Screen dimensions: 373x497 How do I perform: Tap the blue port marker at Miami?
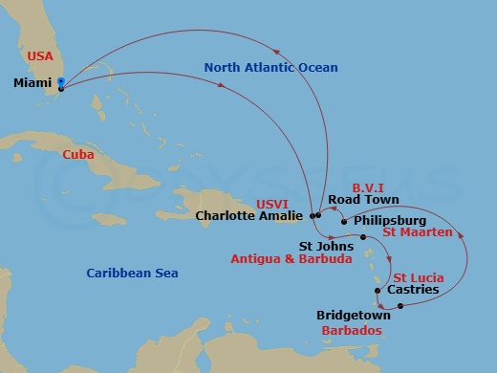(60, 82)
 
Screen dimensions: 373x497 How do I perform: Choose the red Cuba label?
(79, 154)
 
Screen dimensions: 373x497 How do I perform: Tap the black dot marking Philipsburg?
(344, 220)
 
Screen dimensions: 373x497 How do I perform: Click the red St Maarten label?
(417, 231)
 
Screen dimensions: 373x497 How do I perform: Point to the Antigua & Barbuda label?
(292, 258)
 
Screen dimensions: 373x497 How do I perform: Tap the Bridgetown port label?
(354, 314)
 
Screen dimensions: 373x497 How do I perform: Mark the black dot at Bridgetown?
(400, 306)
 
